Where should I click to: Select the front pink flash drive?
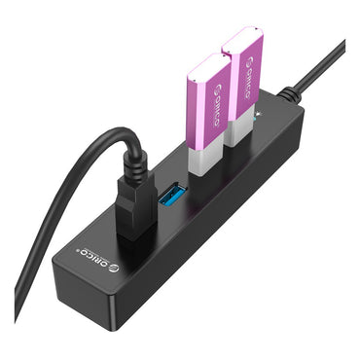tap(206, 107)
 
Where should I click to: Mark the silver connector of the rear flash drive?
tap(240, 131)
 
